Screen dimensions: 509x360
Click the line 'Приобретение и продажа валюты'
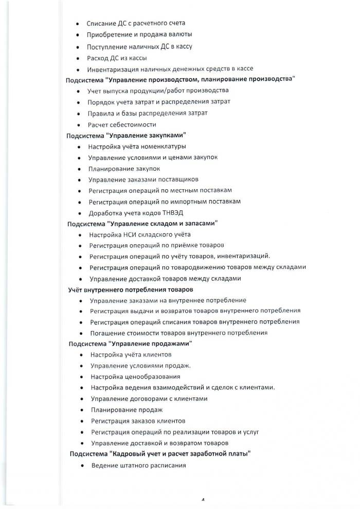(x=140, y=34)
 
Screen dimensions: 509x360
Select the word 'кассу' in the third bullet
(x=183, y=46)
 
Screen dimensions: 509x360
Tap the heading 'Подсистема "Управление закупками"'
(x=126, y=135)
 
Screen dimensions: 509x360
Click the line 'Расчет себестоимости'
(x=121, y=124)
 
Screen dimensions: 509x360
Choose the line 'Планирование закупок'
(x=124, y=169)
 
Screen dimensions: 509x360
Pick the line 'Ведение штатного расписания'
(x=138, y=465)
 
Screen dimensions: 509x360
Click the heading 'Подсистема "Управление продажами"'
(x=131, y=343)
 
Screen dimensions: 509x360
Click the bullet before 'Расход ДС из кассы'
(x=78, y=58)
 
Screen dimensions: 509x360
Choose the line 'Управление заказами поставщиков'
(x=143, y=179)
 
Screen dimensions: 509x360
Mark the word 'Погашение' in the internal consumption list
(x=105, y=333)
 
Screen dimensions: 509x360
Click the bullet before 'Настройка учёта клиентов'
(x=82, y=355)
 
